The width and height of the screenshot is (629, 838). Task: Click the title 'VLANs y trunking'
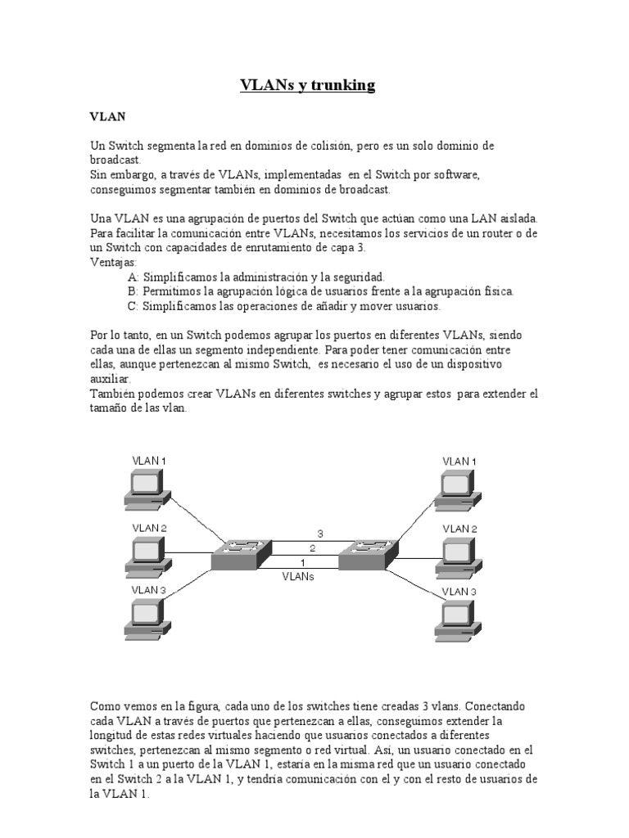pyautogui.click(x=308, y=85)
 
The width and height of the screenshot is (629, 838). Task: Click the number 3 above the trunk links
pyautogui.click(x=320, y=534)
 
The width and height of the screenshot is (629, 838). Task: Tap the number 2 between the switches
pyautogui.click(x=312, y=547)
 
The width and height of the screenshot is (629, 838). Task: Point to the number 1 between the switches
pyautogui.click(x=303, y=563)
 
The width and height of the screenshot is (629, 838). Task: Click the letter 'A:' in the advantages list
pyautogui.click(x=133, y=277)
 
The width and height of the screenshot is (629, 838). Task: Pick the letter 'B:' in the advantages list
pyautogui.click(x=133, y=291)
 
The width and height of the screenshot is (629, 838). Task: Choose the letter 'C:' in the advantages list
pyautogui.click(x=133, y=306)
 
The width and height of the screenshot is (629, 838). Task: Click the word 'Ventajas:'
pyautogui.click(x=114, y=263)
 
